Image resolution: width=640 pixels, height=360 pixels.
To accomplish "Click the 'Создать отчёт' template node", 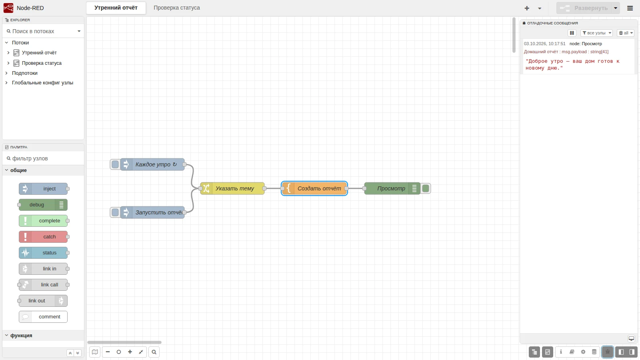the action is (314, 188).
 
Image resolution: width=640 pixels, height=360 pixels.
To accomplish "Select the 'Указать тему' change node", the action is (232, 188).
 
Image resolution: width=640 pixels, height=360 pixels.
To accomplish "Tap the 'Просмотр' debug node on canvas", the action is (392, 188).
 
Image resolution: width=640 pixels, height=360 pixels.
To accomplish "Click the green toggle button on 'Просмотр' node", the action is (426, 188).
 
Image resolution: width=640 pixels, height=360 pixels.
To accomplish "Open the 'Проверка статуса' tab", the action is (176, 8).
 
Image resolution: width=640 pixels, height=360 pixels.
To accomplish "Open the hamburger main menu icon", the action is (630, 8).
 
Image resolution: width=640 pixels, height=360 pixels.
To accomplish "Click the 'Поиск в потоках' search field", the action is (43, 31).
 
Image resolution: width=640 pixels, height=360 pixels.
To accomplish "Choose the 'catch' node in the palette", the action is (43, 236).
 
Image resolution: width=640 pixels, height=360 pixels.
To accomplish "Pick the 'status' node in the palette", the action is (43, 252).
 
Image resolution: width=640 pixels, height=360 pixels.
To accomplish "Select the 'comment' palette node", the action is (43, 316).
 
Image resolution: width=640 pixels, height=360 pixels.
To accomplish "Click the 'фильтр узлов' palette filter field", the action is (43, 158).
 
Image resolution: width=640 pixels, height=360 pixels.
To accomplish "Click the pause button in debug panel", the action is (572, 33).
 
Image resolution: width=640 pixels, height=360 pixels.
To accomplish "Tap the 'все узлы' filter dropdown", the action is (596, 33).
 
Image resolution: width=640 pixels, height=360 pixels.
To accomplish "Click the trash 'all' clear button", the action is (626, 33).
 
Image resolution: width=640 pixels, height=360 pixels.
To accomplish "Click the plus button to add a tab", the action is (527, 8).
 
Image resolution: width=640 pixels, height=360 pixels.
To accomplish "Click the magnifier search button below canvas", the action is (154, 352).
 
